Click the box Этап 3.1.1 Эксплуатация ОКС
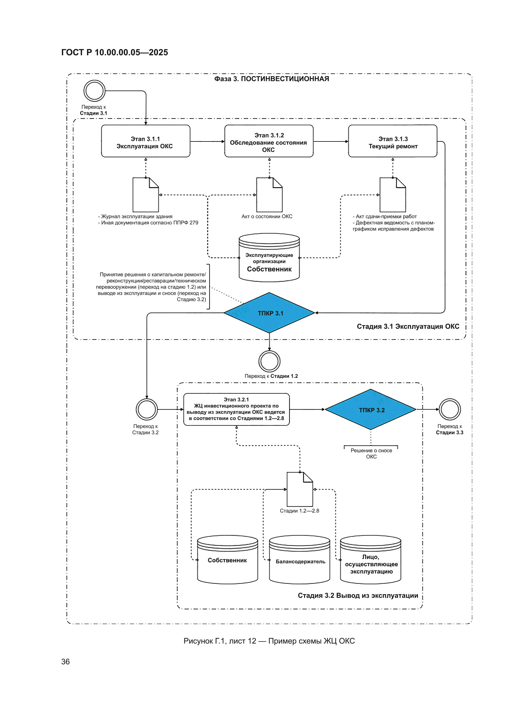(146, 141)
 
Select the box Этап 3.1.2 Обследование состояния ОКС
(269, 141)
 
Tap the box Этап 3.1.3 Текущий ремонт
(393, 141)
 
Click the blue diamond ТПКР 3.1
(269, 313)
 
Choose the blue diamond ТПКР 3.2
(371, 410)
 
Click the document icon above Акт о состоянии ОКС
(269, 195)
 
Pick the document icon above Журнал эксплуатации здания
(146, 195)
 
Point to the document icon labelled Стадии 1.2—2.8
(299, 489)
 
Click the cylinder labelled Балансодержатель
(299, 560)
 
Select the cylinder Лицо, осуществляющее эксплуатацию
(371, 560)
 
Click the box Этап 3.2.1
(237, 410)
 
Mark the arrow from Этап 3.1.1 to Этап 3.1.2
(207, 141)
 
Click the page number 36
(66, 662)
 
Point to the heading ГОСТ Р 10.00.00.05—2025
(115, 52)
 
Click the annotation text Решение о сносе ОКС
(371, 453)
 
